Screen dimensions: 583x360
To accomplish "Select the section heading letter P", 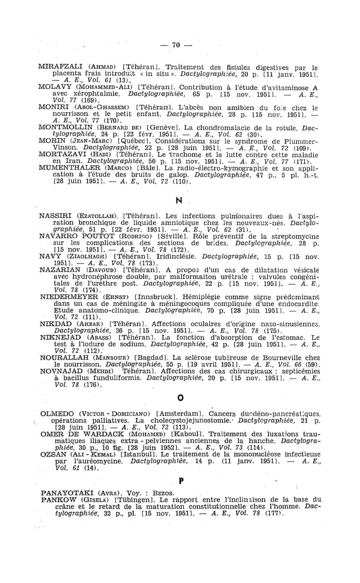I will (182, 481).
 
